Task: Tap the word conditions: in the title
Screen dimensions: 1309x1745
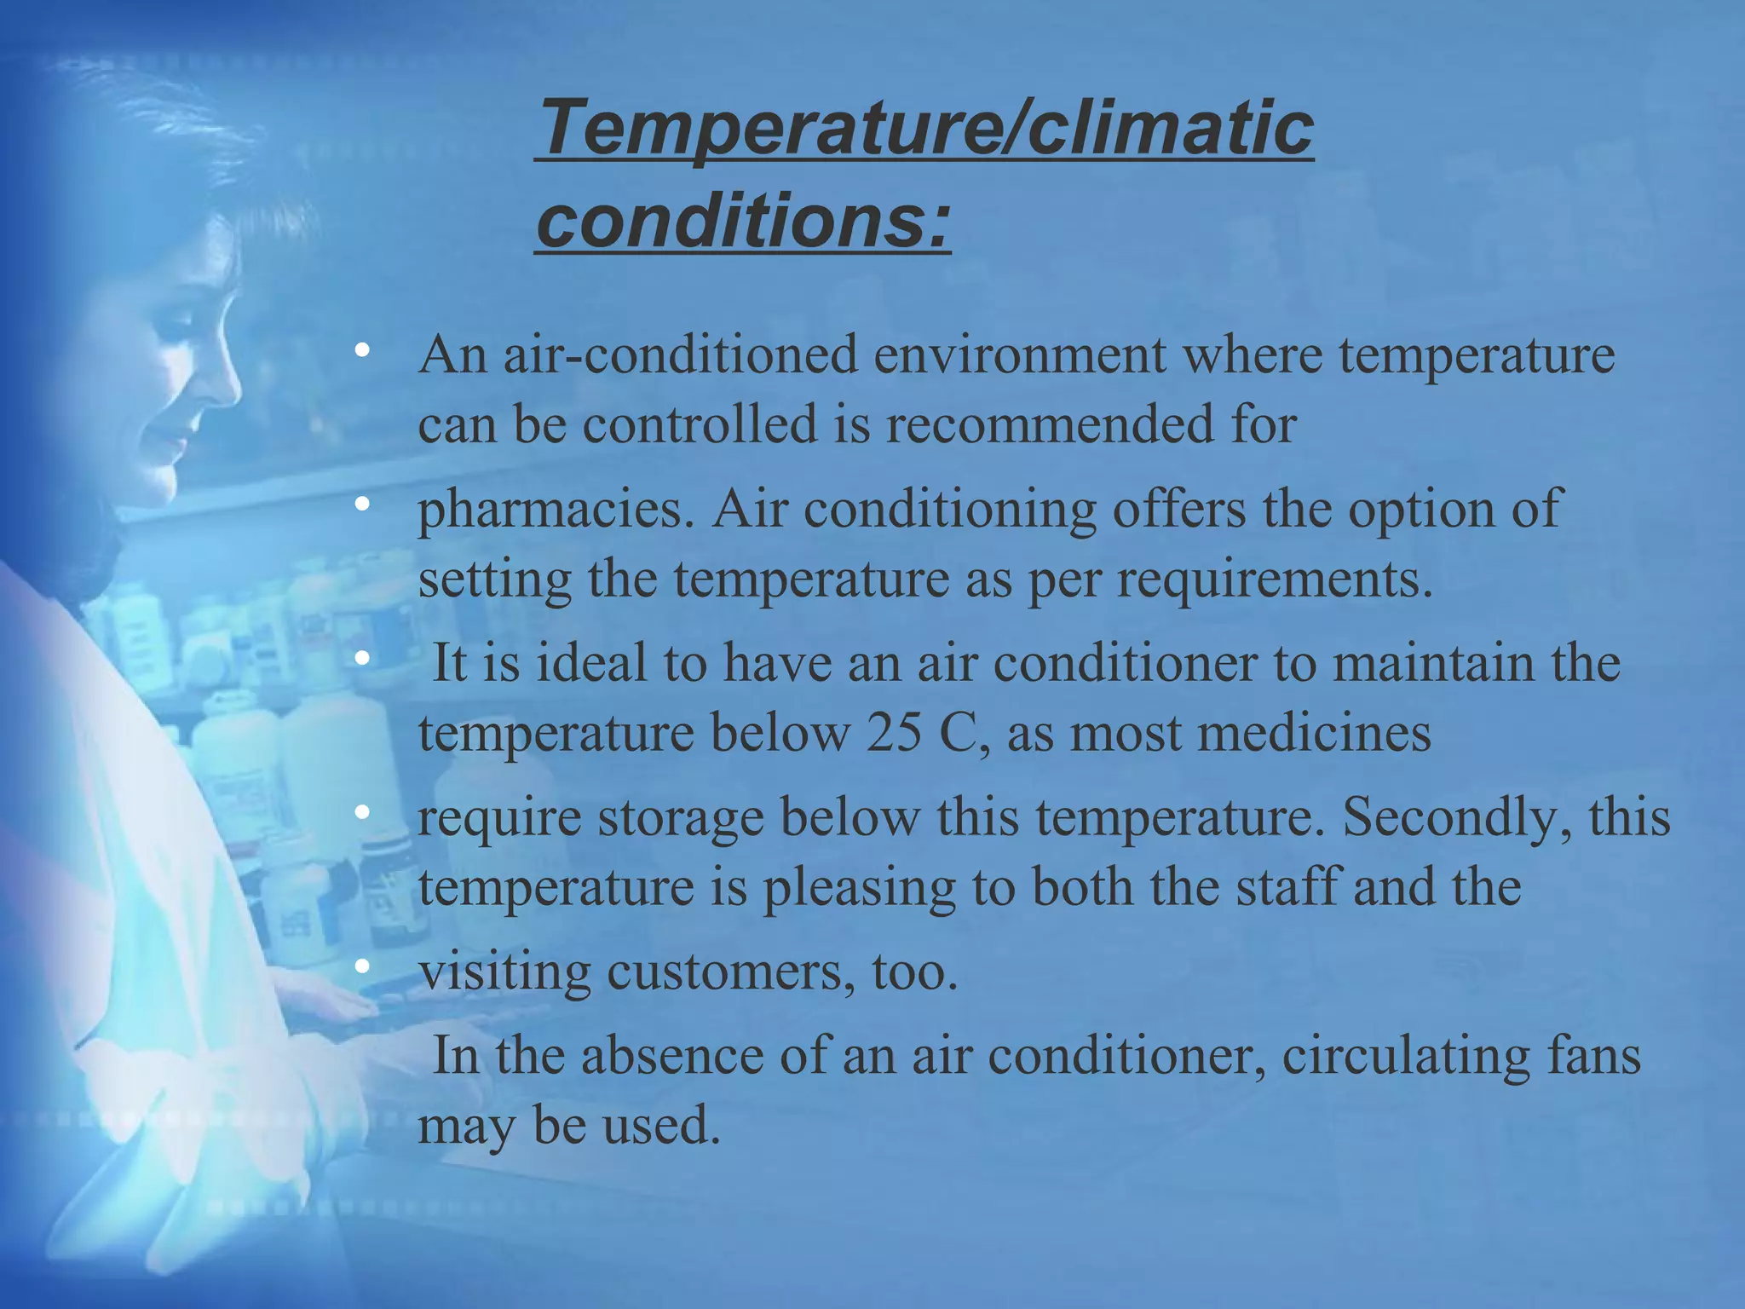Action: tap(743, 221)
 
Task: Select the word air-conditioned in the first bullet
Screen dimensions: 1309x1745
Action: tap(680, 355)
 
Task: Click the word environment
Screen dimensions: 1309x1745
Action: tap(1020, 355)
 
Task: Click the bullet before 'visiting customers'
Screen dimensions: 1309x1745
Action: tap(363, 967)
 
